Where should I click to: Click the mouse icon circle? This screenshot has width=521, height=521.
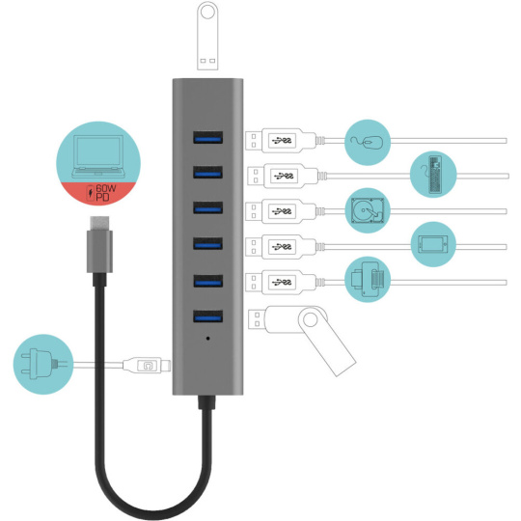click(368, 142)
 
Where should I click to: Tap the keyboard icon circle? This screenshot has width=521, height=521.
click(433, 175)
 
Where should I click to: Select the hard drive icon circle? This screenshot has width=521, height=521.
click(368, 210)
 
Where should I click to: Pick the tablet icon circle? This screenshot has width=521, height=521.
click(433, 244)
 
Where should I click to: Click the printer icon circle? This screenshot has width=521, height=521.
click(368, 280)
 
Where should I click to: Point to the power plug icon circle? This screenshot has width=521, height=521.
click(43, 364)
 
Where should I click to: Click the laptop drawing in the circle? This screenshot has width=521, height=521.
click(98, 156)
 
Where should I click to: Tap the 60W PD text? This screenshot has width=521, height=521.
click(106, 193)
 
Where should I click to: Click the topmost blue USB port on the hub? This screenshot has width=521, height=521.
click(208, 138)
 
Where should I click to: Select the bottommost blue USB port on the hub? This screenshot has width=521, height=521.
click(208, 316)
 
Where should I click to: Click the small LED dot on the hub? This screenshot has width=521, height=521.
click(208, 339)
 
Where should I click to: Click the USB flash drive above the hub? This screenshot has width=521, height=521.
click(207, 36)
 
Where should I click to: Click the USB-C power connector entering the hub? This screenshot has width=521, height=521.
click(147, 366)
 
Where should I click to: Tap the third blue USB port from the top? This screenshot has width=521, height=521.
click(208, 207)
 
